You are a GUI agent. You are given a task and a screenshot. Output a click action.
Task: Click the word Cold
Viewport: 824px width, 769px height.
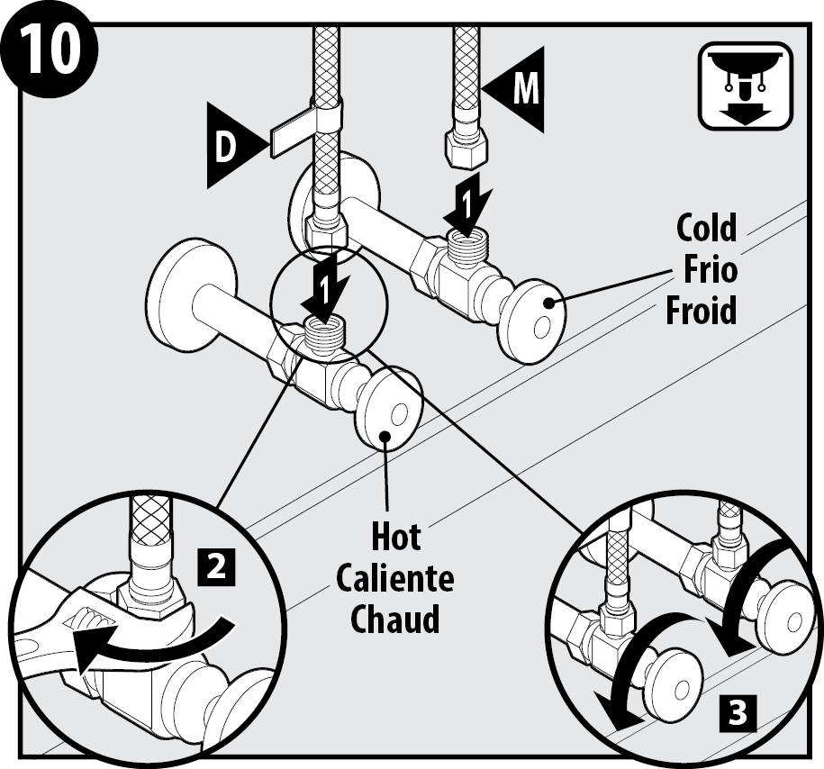(706, 229)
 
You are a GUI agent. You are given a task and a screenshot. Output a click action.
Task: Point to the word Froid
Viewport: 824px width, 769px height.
(702, 310)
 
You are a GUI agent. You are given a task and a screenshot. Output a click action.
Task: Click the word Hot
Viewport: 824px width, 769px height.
(396, 538)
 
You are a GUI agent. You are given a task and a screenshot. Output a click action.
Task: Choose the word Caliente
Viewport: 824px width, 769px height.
(395, 578)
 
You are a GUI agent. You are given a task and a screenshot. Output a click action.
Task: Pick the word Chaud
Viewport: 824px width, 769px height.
(396, 620)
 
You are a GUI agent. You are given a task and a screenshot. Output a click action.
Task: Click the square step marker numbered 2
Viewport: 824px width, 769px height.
(216, 566)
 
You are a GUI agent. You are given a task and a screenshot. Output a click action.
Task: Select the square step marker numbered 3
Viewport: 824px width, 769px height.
(737, 712)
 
